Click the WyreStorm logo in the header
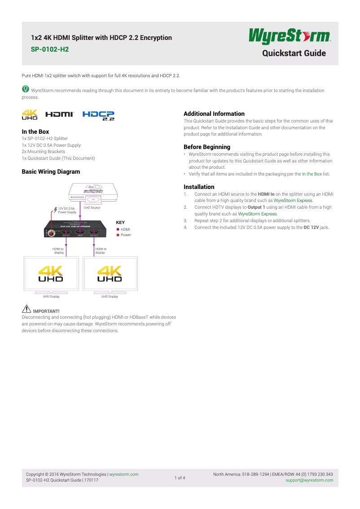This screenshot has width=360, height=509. [x=290, y=37]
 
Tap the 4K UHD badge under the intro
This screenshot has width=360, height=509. [x=30, y=115]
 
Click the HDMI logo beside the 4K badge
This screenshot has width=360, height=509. [x=59, y=115]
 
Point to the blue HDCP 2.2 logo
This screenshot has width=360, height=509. [x=98, y=116]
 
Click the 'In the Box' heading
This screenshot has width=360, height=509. [x=35, y=132]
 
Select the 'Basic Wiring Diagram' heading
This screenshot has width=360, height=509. [x=51, y=171]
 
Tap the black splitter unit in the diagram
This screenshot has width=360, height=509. [x=75, y=229]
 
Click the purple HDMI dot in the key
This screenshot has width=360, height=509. [x=118, y=229]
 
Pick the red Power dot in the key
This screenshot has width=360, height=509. [x=118, y=235]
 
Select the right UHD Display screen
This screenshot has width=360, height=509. [x=110, y=274]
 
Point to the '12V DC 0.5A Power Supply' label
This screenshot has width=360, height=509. [x=67, y=210]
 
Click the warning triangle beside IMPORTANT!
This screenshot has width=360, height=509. [x=26, y=309]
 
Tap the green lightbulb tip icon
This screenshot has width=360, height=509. [x=26, y=89]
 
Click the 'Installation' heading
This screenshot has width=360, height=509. [x=199, y=187]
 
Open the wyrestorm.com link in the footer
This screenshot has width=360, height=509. [x=124, y=474]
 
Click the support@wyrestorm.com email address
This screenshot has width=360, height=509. [x=309, y=480]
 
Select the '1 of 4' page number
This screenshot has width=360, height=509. [x=180, y=478]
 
